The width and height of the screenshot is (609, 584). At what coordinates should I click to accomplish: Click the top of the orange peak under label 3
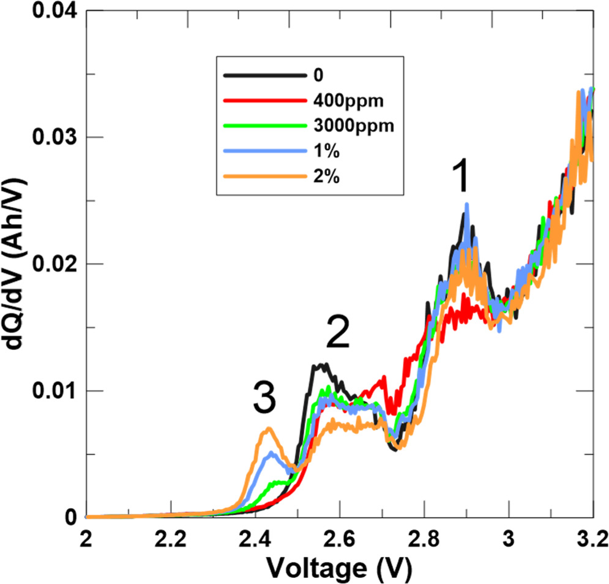tap(267, 429)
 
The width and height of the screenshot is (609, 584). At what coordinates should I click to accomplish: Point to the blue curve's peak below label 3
tap(272, 453)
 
